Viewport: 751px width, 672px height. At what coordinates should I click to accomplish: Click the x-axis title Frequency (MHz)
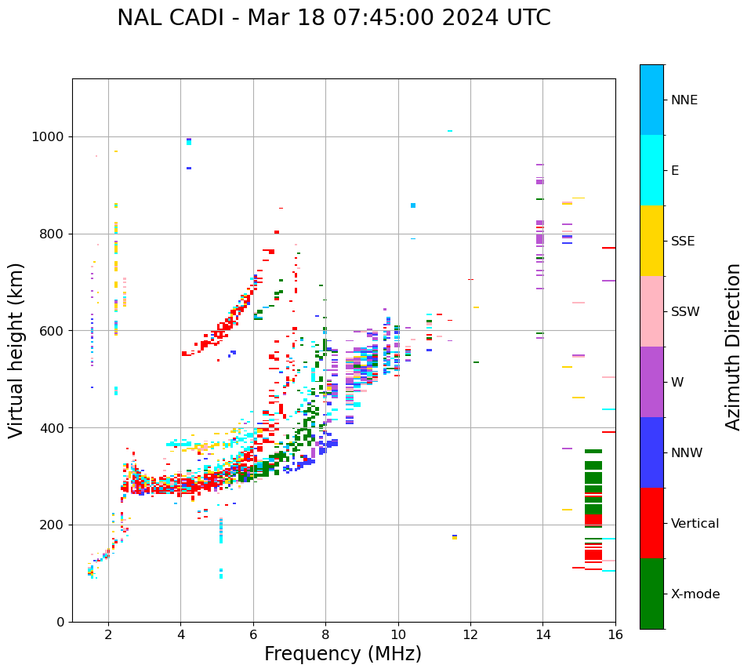(x=343, y=654)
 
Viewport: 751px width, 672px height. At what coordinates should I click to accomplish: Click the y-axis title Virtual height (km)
(x=16, y=350)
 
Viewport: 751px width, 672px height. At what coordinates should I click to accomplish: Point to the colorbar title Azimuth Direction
(x=733, y=347)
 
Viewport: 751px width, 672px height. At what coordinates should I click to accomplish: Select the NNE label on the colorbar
(x=684, y=100)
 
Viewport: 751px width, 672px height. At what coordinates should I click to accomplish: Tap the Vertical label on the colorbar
(x=695, y=523)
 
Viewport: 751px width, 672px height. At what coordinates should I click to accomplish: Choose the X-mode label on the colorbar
(x=695, y=594)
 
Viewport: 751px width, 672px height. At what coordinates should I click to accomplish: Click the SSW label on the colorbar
(x=685, y=311)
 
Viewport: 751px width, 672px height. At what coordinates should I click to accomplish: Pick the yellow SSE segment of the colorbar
(x=651, y=241)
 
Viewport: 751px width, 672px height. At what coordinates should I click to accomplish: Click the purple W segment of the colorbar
(x=651, y=382)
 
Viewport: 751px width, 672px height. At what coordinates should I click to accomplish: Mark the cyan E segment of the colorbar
(x=651, y=170)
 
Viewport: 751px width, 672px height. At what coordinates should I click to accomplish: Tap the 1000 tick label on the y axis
(x=48, y=136)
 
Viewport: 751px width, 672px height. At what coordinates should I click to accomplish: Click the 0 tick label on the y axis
(x=60, y=622)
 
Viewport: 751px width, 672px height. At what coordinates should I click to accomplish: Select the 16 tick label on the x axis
(x=615, y=634)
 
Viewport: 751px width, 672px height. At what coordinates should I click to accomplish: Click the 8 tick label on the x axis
(x=325, y=634)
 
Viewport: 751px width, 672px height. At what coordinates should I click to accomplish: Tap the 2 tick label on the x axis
(x=108, y=634)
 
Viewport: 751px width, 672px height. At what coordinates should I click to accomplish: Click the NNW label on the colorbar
(x=687, y=452)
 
